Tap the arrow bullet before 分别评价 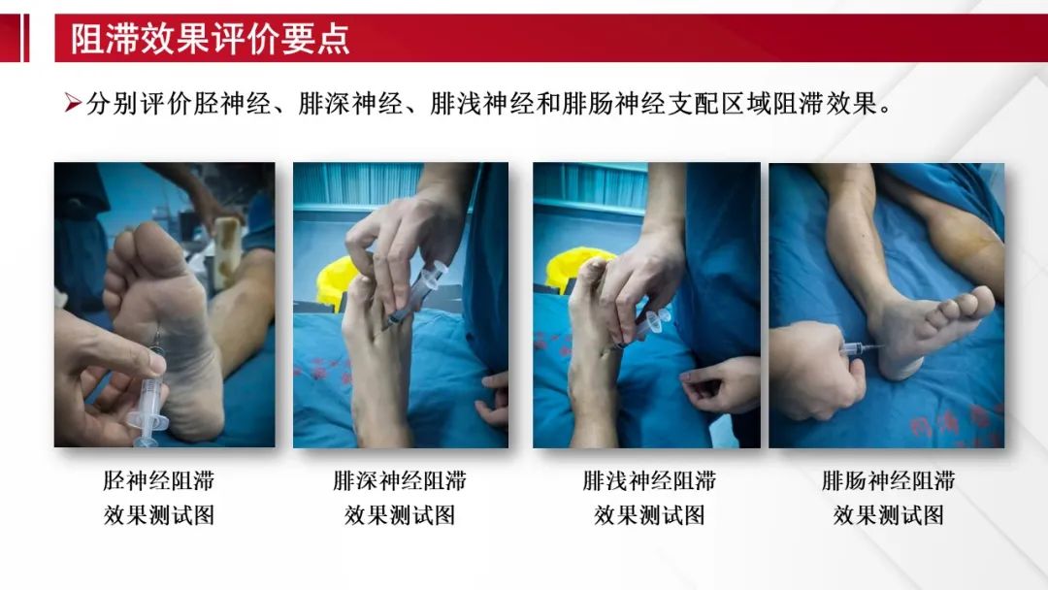coord(73,105)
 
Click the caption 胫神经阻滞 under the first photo coord(159,480)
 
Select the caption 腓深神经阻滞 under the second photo coord(399,480)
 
